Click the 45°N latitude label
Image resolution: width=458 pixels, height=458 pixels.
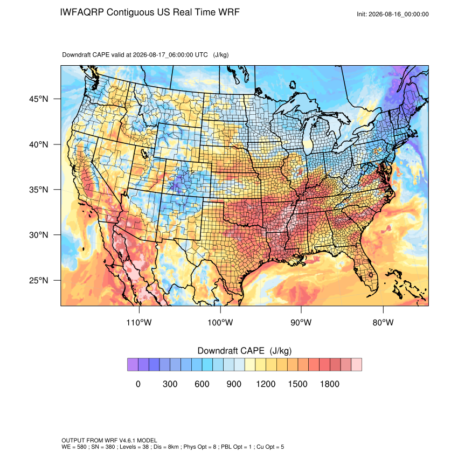click(39, 99)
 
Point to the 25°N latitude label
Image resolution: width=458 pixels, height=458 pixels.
click(39, 280)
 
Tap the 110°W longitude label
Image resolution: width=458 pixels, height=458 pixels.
click(139, 322)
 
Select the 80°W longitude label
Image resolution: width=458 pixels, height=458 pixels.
click(383, 322)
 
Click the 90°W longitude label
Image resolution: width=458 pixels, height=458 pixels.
click(301, 322)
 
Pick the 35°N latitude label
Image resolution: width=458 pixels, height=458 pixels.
click(39, 190)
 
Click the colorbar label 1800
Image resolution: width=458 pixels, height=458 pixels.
click(330, 384)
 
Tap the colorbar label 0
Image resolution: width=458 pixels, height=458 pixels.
click(138, 384)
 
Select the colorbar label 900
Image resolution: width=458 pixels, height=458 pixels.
click(234, 384)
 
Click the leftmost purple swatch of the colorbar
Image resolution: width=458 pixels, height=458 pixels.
click(133, 365)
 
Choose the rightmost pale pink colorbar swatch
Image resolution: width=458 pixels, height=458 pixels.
click(356, 365)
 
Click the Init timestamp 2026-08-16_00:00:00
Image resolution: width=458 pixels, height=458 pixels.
click(398, 14)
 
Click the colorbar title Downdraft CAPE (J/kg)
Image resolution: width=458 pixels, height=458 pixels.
click(245, 351)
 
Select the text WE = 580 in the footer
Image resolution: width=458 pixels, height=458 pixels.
click(74, 447)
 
